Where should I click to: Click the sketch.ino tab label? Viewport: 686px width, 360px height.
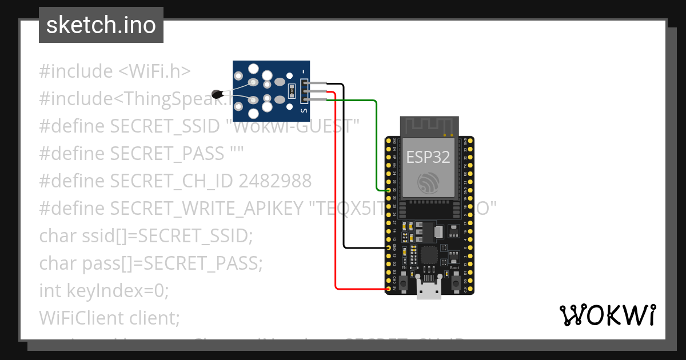(x=101, y=25)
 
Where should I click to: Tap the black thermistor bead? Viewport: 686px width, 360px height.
(x=217, y=93)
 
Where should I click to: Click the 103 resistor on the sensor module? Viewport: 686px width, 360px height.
(x=292, y=90)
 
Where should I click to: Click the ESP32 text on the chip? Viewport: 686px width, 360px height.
(x=428, y=157)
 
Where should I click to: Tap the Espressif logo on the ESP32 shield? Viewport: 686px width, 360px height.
(x=428, y=182)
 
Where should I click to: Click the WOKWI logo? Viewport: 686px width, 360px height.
(x=607, y=315)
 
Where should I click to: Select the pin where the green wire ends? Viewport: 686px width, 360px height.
(x=389, y=190)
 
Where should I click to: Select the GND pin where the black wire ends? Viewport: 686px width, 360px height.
(x=389, y=247)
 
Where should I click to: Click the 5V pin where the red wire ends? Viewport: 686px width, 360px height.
(x=389, y=289)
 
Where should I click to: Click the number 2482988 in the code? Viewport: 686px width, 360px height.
(x=275, y=181)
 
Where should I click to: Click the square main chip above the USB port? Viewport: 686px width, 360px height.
(x=429, y=255)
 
